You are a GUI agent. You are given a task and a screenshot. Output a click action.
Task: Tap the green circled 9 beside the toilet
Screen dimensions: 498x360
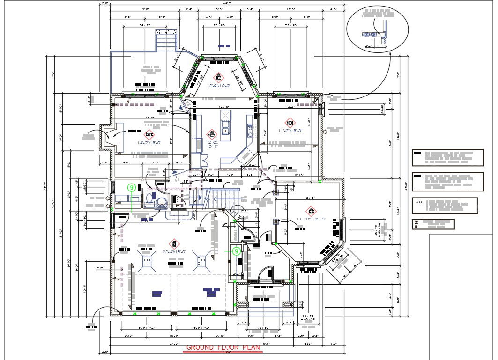pyautogui.click(x=132, y=187)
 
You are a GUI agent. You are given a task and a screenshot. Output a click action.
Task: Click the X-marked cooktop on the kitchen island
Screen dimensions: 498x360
pyautogui.click(x=225, y=115)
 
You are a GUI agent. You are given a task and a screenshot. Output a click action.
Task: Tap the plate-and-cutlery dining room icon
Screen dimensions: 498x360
pyautogui.click(x=290, y=122)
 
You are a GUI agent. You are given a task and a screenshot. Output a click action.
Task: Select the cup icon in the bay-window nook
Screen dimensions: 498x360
pyautogui.click(x=218, y=77)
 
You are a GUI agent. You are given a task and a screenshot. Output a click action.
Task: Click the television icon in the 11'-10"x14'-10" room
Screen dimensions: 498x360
pyautogui.click(x=310, y=211)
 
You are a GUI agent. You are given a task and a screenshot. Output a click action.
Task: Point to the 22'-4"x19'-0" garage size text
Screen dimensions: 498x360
pyautogui.click(x=174, y=252)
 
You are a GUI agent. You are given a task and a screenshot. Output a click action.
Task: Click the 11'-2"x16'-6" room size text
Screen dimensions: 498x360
pyautogui.click(x=291, y=131)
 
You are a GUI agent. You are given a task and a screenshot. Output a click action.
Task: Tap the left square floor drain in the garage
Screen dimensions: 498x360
pyautogui.click(x=148, y=261)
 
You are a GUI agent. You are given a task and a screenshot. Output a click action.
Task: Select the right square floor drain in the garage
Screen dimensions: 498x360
pyautogui.click(x=202, y=261)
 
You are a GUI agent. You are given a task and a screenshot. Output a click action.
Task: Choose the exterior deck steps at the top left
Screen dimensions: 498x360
pyautogui.click(x=166, y=41)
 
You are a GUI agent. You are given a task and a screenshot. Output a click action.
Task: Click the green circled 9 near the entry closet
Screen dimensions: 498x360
pyautogui.click(x=237, y=251)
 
